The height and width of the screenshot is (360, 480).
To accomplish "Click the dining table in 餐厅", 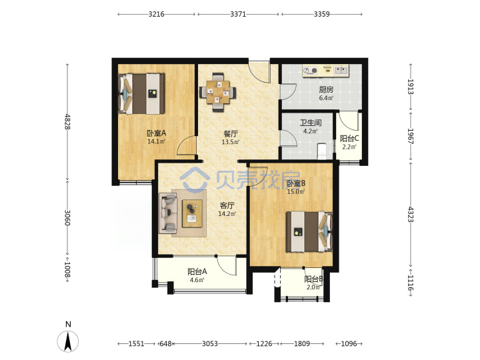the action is (217, 92).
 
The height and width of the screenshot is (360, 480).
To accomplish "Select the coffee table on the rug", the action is (192, 213).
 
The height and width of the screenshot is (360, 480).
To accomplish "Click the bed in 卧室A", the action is (141, 93).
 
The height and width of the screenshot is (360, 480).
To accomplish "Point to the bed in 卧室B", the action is (309, 232).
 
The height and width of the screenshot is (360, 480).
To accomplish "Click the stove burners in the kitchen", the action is (310, 71).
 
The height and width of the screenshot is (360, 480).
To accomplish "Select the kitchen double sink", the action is (341, 71).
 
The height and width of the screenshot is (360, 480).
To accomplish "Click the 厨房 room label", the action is (326, 89).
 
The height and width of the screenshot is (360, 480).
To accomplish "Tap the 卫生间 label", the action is (311, 123).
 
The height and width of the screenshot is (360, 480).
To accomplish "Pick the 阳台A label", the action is (197, 271).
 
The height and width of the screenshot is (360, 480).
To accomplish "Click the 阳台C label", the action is (349, 139).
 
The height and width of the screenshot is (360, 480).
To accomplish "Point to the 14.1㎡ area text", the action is (157, 141).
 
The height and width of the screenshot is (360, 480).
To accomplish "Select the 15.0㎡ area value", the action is (296, 191).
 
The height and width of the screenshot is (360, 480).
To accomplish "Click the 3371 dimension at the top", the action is (238, 14).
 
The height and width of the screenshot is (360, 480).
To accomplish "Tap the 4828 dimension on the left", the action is (67, 121).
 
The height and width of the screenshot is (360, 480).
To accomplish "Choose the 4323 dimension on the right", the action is (411, 214).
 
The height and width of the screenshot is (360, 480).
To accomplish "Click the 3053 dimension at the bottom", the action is (210, 344).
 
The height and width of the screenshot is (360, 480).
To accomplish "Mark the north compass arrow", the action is (68, 341).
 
